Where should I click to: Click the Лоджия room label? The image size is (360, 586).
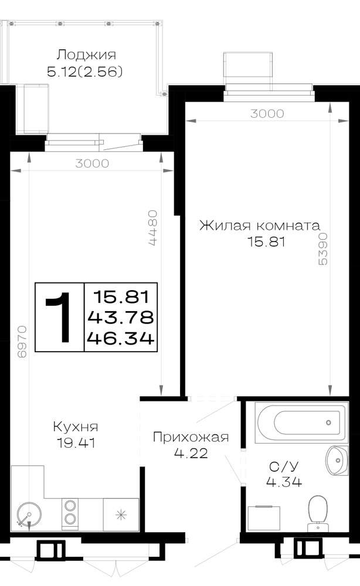click(x=86, y=55)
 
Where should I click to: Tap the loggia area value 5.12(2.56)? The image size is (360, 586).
click(x=85, y=71)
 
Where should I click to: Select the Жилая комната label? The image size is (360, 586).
click(x=260, y=226)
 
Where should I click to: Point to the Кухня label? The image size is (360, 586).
click(x=76, y=427)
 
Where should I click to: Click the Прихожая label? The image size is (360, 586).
click(x=191, y=437)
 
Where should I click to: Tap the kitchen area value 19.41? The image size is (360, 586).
click(x=76, y=443)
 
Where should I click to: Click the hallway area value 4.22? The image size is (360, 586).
click(x=191, y=454)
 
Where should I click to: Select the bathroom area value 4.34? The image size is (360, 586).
click(x=284, y=482)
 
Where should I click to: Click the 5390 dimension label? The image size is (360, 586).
click(x=322, y=249)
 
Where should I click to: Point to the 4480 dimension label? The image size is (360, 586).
click(x=152, y=228)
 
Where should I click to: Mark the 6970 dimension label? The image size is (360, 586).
click(x=22, y=342)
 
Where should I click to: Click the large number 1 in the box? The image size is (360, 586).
click(x=59, y=317)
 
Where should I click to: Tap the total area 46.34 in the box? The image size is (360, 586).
click(x=120, y=339)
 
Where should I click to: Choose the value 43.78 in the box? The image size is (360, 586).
click(x=120, y=318)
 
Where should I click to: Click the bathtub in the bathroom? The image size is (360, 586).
click(x=301, y=423)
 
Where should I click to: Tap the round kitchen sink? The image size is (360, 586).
click(x=29, y=515)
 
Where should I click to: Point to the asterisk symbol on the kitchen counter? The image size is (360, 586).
click(x=120, y=515)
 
